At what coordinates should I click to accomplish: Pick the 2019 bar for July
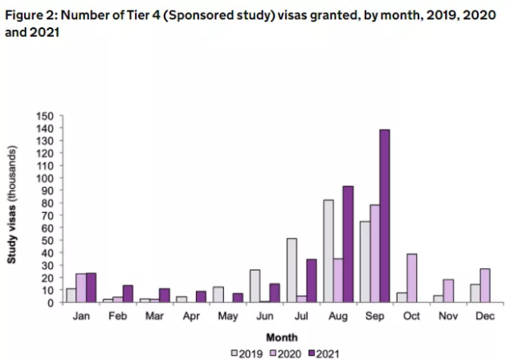click(x=291, y=270)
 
